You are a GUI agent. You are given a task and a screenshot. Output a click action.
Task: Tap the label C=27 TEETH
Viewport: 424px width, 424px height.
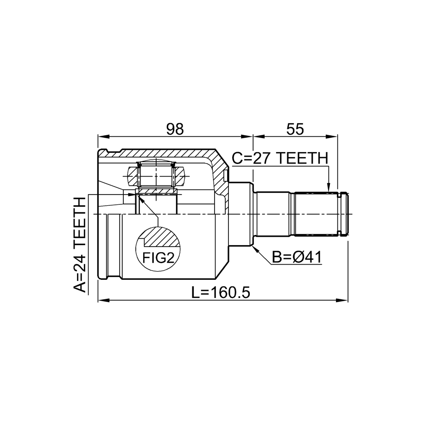tap(280, 158)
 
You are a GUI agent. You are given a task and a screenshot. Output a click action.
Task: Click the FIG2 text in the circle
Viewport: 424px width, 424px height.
tap(158, 258)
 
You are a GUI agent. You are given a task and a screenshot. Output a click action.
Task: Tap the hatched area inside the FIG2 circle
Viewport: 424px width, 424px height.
tap(162, 237)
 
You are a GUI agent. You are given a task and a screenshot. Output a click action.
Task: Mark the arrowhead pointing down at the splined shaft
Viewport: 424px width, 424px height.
tap(328, 187)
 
